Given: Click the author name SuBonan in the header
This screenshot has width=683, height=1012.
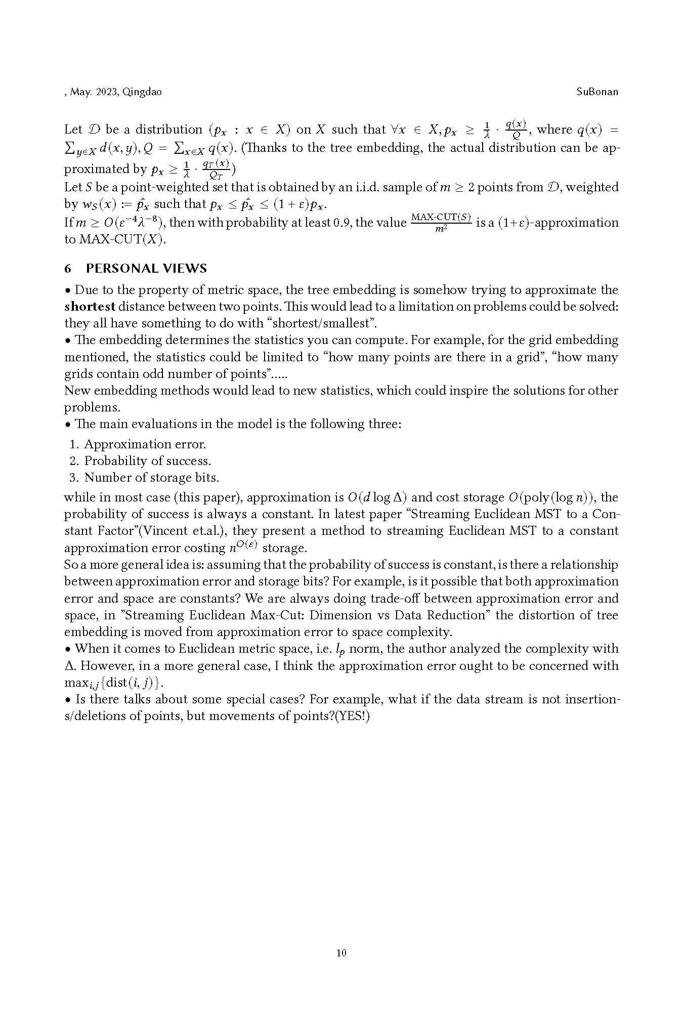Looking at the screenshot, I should (x=597, y=92).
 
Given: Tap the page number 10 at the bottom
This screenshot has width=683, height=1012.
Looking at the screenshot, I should (x=341, y=953).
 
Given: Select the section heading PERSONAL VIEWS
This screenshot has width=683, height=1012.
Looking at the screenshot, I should (x=147, y=268).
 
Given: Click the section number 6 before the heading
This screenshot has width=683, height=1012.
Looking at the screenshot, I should (x=68, y=268).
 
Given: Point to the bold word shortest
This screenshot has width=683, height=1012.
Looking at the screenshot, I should (x=90, y=307).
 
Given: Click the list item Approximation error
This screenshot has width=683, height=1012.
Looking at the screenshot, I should (x=145, y=444).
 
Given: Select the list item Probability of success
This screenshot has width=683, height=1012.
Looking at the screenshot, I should (x=147, y=461).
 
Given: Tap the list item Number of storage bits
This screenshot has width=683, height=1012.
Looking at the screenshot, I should (x=151, y=478).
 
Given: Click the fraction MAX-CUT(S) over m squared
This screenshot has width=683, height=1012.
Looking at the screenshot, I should (x=441, y=223).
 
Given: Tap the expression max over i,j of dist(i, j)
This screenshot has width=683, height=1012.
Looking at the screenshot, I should (x=113, y=683).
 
